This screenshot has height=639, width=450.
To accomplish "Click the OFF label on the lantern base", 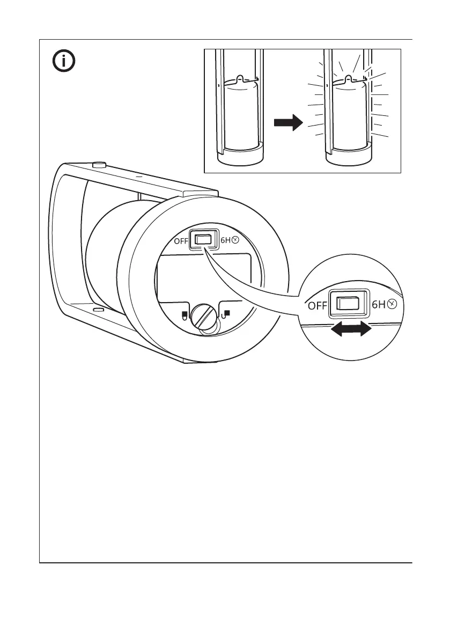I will coord(181,241).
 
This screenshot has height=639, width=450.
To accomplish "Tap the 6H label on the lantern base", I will coord(225,241).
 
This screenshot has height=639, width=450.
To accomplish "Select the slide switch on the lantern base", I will coord(203,240).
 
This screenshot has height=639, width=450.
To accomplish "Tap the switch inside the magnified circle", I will coord(348,304).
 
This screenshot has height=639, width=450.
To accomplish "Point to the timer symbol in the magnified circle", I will coord(393,305).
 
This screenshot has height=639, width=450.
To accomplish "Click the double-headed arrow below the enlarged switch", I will coord(350,330).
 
